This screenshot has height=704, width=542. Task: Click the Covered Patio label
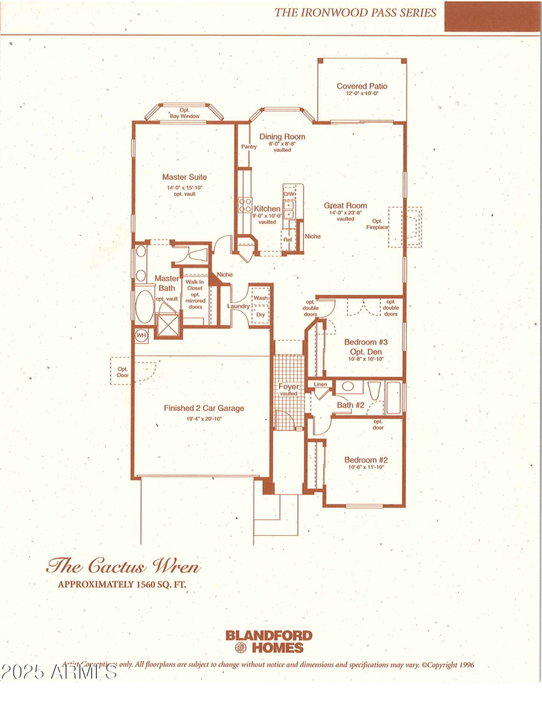click(362, 86)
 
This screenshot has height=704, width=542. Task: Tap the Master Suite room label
click(184, 177)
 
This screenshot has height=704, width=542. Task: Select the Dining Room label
click(282, 136)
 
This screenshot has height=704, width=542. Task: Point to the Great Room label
click(345, 206)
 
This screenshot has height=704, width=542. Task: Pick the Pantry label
click(248, 146)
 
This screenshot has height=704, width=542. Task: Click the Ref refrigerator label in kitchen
click(287, 239)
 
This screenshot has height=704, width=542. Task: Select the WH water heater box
click(142, 335)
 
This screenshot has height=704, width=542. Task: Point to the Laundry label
click(238, 307)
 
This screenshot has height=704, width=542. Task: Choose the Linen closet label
click(320, 385)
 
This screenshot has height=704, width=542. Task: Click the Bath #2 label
click(351, 406)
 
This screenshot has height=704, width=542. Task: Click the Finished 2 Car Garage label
click(203, 408)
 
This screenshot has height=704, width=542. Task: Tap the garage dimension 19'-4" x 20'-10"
click(203, 418)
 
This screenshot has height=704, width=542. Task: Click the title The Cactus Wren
click(123, 565)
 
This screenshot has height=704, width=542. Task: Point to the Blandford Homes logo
click(269, 641)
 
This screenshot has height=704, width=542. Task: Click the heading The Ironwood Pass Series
click(355, 12)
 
